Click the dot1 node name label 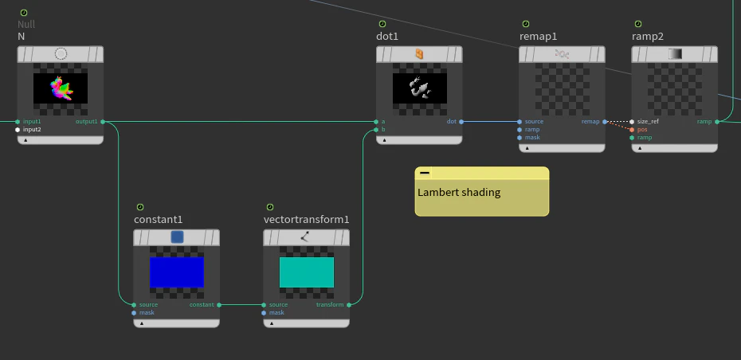[x=387, y=37]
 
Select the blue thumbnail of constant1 [x=177, y=272]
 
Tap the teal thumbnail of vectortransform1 [x=307, y=272]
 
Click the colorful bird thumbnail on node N [x=61, y=88]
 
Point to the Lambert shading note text [x=459, y=192]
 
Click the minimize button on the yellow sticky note [x=425, y=173]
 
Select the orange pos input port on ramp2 [x=632, y=130]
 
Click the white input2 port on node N [x=18, y=130]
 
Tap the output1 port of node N [x=103, y=121]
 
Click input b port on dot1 [x=376, y=130]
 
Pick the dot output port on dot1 [x=461, y=121]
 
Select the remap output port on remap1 [x=605, y=121]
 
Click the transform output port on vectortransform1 [x=349, y=305]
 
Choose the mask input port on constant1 [x=134, y=313]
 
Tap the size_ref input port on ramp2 [x=632, y=121]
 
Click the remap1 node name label [x=538, y=37]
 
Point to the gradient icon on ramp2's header [x=675, y=54]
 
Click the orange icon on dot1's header [x=419, y=54]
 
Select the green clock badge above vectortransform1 [x=270, y=207]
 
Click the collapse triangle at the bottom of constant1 [x=142, y=323]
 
